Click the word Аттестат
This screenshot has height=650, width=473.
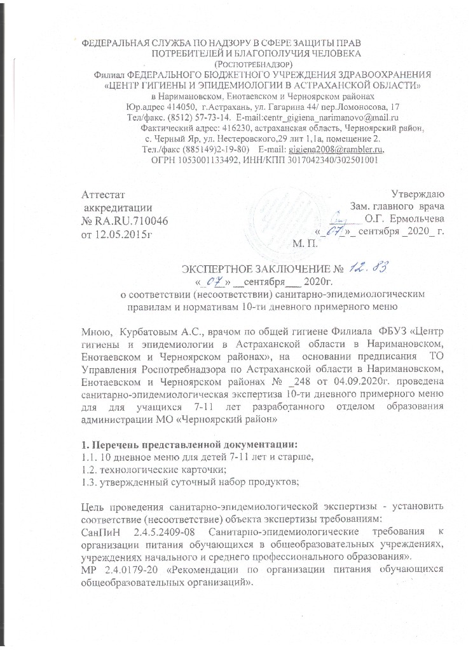point(107,194)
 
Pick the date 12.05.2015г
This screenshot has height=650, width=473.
point(125,234)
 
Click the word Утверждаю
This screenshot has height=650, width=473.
point(422,194)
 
